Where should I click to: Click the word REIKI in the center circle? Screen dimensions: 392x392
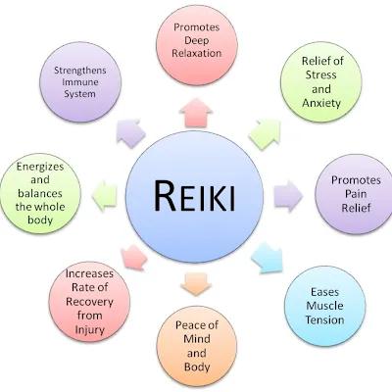pyautogui.click(x=194, y=196)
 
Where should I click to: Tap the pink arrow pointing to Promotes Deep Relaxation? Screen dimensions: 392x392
pyautogui.click(x=196, y=113)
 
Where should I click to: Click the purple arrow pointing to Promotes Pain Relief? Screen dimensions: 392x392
pyautogui.click(x=289, y=196)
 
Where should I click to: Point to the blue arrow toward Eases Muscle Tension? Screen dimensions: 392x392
pyautogui.click(x=268, y=258)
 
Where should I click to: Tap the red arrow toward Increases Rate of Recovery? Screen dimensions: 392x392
pyautogui.click(x=133, y=258)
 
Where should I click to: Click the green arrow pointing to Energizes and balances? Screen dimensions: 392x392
pyautogui.click(x=104, y=196)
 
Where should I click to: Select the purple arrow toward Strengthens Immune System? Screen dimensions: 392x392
pyautogui.click(x=130, y=133)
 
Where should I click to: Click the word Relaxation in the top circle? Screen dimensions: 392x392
pyautogui.click(x=197, y=53)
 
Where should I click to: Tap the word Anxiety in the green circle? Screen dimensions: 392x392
pyautogui.click(x=321, y=103)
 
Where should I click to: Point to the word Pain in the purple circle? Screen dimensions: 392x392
pyautogui.click(x=356, y=194)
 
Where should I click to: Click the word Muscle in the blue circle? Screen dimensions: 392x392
pyautogui.click(x=324, y=306)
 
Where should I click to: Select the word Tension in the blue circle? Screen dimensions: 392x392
pyautogui.click(x=324, y=319)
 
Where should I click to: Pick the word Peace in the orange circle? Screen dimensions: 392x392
pyautogui.click(x=189, y=325)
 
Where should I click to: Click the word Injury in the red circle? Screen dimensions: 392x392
pyautogui.click(x=89, y=330)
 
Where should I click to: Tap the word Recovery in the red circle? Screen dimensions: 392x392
pyautogui.click(x=89, y=302)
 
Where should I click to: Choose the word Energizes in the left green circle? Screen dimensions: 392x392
pyautogui.click(x=40, y=167)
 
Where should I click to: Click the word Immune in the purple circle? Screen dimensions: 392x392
pyautogui.click(x=80, y=82)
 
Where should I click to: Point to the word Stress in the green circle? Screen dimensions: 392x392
pyautogui.click(x=320, y=74)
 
